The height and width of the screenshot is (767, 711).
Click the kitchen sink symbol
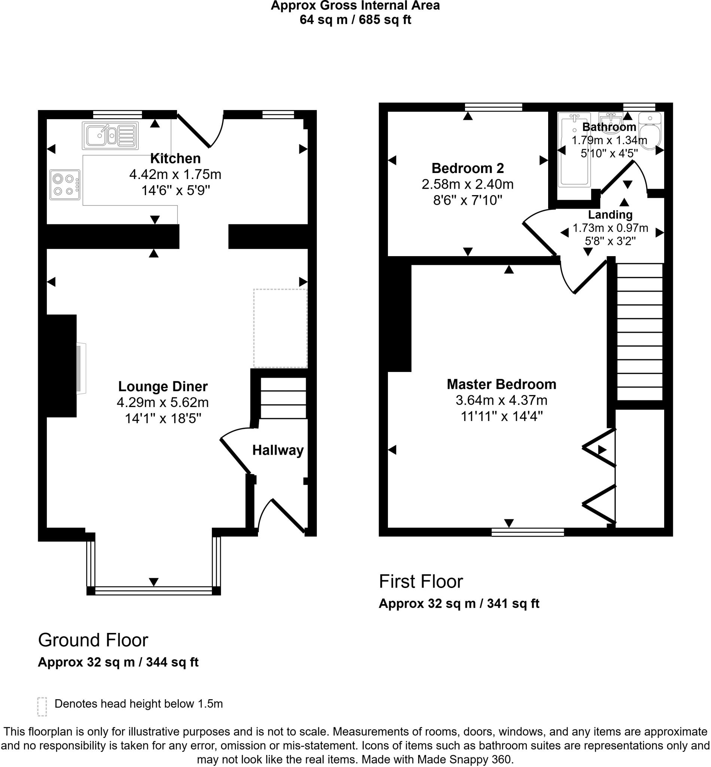pyautogui.click(x=110, y=136)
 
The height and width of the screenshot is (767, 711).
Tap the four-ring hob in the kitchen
pyautogui.click(x=65, y=185)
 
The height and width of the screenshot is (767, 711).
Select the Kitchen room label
pyautogui.click(x=175, y=158)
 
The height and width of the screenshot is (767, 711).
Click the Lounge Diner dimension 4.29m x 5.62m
pyautogui.click(x=163, y=402)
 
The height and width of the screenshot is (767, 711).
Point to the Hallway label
pyautogui.click(x=278, y=450)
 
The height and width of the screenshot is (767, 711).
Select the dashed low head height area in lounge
pyautogui.click(x=280, y=328)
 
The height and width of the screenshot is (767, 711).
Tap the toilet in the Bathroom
pyautogui.click(x=650, y=131)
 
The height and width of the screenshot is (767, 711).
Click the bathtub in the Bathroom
pyautogui.click(x=574, y=150)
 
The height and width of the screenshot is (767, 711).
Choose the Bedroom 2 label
pyautogui.click(x=468, y=168)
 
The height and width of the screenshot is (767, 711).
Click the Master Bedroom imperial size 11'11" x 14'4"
pyautogui.click(x=501, y=416)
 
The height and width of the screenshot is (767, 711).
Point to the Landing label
pyautogui.click(x=610, y=214)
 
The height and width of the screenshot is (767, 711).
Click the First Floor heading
pyautogui.click(x=421, y=582)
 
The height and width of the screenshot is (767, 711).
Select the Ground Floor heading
pyautogui.click(x=93, y=640)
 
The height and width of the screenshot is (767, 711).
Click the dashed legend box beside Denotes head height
pyautogui.click(x=42, y=707)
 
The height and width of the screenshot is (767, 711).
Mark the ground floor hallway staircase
pyautogui.click(x=283, y=398)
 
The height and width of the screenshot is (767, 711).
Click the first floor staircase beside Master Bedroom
pyautogui.click(x=639, y=332)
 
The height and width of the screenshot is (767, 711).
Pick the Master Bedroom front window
pyautogui.click(x=528, y=532)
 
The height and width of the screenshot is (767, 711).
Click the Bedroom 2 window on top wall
pyautogui.click(x=493, y=107)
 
